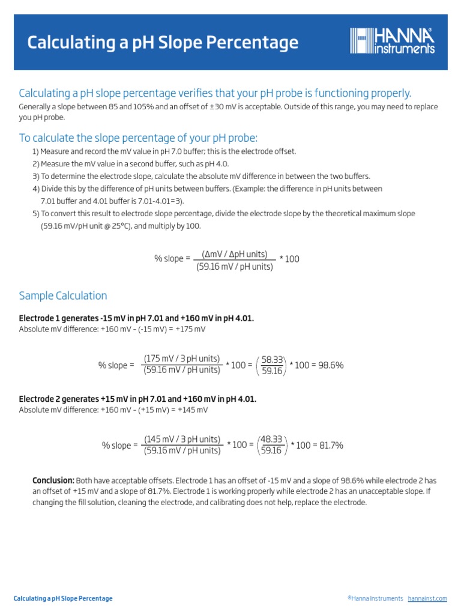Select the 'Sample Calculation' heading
(x=63, y=295)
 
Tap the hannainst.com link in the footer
(x=427, y=599)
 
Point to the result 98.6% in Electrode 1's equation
(x=330, y=365)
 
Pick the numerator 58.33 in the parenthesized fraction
(x=272, y=359)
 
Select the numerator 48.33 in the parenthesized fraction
(x=272, y=439)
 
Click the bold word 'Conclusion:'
(x=53, y=480)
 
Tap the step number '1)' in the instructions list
(x=35, y=151)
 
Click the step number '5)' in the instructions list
(x=35, y=214)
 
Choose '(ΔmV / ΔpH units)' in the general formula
(x=235, y=254)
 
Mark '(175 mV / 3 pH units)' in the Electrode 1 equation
(x=182, y=359)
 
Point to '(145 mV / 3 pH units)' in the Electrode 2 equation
(x=182, y=439)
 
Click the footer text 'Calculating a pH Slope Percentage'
(x=63, y=599)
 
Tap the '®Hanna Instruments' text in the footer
(x=375, y=599)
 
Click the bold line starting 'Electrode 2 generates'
(x=137, y=399)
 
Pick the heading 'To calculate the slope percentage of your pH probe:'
(x=138, y=138)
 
